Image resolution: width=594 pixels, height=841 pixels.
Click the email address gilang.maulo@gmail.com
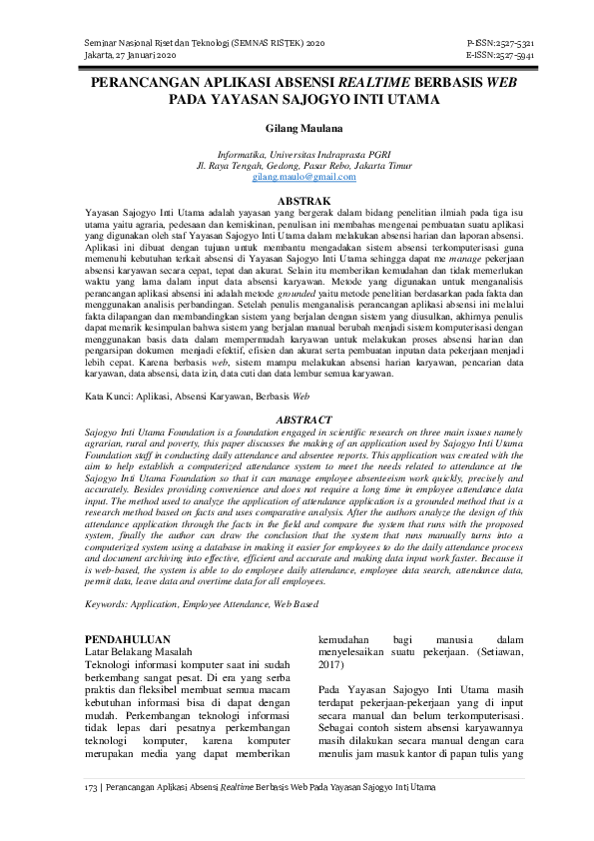pos(296,177)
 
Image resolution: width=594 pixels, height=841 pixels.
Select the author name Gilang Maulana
pos(297,129)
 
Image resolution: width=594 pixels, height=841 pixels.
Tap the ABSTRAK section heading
pos(297,202)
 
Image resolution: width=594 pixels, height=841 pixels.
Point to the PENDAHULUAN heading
pos(127,638)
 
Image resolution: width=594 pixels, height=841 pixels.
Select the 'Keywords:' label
pos(110,604)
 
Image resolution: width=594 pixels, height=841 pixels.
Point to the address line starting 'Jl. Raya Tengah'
pos(297,166)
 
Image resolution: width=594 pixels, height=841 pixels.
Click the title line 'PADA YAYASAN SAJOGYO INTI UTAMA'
pos(297,101)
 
